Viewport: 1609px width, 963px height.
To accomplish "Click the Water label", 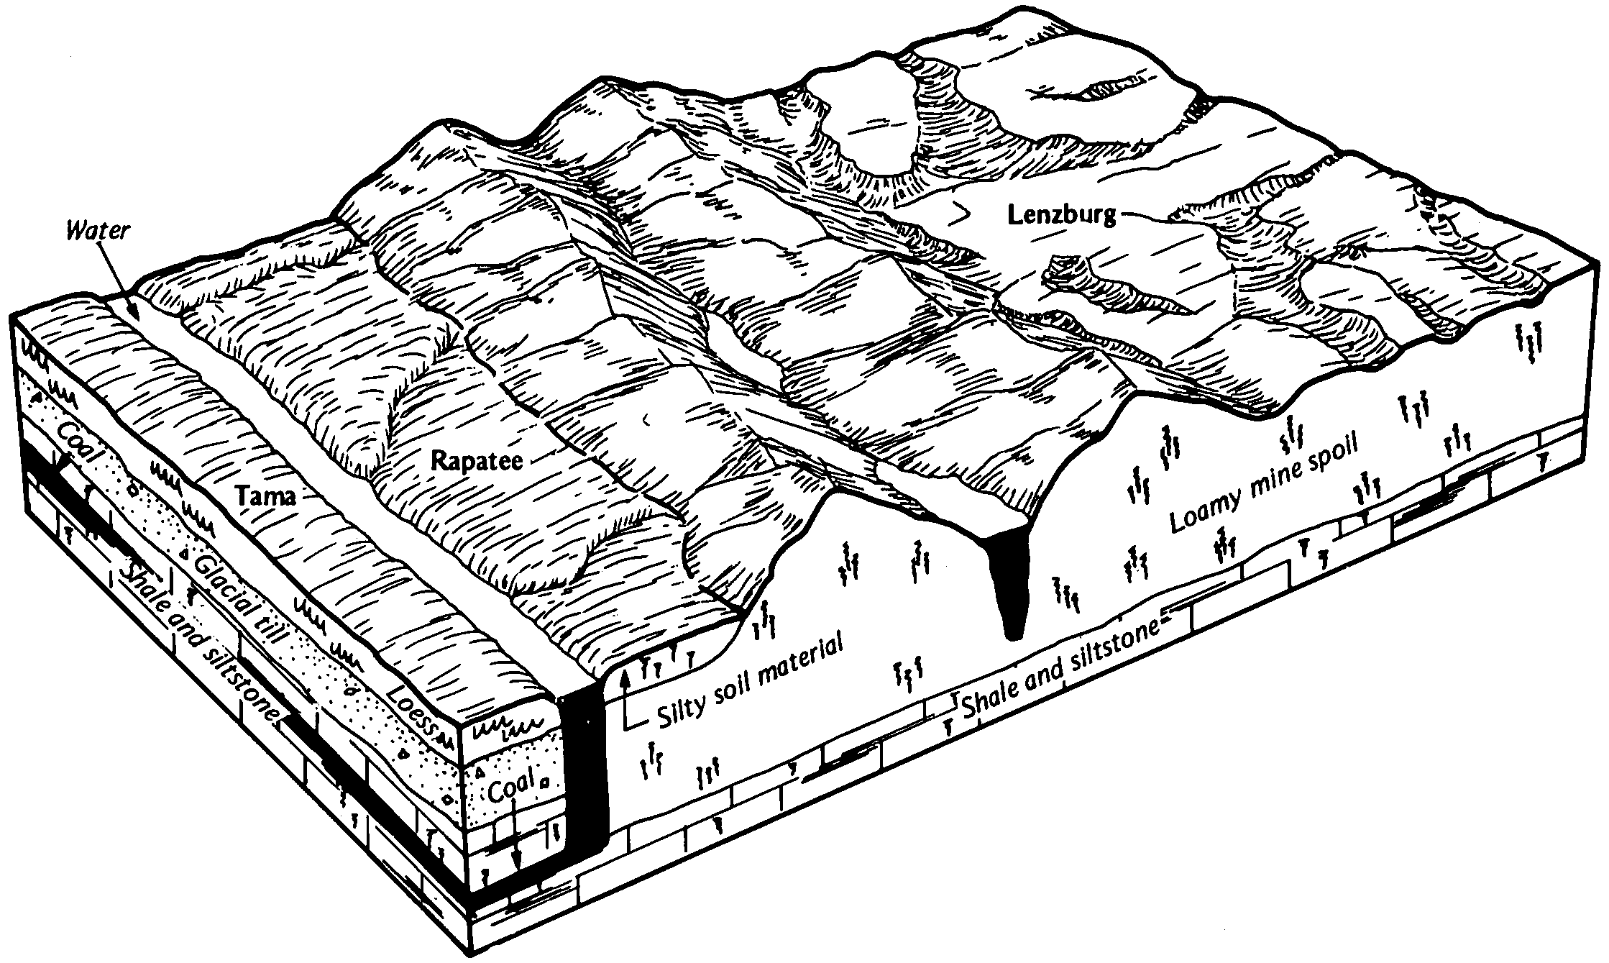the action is [98, 231].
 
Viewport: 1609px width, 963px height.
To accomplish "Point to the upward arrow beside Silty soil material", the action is [626, 698].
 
